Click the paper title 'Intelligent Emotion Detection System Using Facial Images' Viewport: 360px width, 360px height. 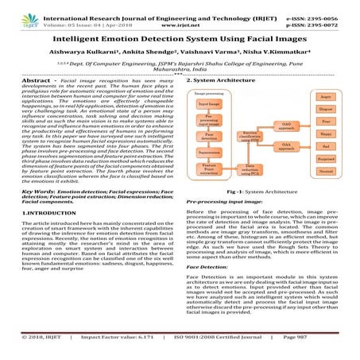click(180, 35)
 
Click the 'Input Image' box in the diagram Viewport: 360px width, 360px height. click(209, 104)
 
